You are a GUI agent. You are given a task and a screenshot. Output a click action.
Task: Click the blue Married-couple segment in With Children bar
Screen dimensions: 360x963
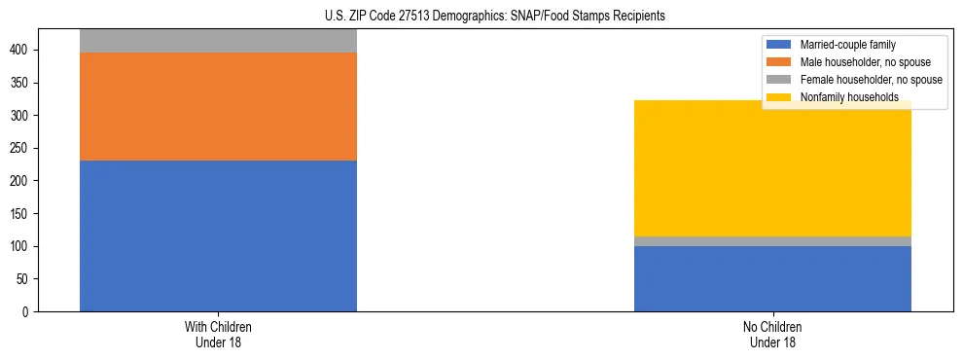tap(218, 235)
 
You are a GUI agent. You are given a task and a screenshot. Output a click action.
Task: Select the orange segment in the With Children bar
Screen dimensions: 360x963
tap(218, 106)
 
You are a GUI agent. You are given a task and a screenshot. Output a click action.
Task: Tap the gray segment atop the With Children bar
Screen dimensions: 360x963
tap(218, 41)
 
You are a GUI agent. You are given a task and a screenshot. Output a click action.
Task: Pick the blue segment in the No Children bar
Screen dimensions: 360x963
tap(772, 278)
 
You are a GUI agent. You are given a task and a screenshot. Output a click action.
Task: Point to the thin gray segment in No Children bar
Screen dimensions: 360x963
tap(772, 241)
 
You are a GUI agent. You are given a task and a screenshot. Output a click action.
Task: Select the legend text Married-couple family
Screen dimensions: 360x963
tap(847, 45)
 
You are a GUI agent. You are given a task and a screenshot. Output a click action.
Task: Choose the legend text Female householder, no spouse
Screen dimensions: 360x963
tap(871, 80)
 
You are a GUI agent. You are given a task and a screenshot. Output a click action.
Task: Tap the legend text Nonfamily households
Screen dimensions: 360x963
tap(848, 97)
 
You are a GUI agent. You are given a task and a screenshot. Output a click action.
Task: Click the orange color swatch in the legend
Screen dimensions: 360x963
tap(779, 62)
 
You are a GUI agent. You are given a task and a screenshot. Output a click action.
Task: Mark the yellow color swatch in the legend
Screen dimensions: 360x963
tap(779, 97)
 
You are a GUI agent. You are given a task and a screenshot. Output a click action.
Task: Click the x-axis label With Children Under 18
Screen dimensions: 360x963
tap(218, 334)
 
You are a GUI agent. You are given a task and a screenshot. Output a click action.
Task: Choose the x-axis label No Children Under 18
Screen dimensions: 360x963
tap(772, 334)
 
